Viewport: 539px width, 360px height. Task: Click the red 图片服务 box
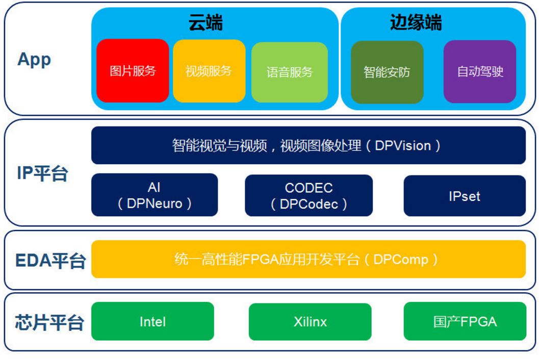pyautogui.click(x=133, y=70)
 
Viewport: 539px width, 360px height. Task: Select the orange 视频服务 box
pyautogui.click(x=209, y=71)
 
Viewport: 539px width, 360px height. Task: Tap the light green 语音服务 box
pyautogui.click(x=290, y=72)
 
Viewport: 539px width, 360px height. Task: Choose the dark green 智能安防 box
pyautogui.click(x=387, y=72)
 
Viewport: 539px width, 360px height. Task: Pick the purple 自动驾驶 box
pyautogui.click(x=480, y=71)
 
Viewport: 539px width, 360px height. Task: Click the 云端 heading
pyautogui.click(x=206, y=23)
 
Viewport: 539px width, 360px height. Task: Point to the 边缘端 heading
pyautogui.click(x=416, y=23)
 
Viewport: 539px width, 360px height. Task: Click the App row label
pyautogui.click(x=34, y=60)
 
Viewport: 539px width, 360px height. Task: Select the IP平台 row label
pyautogui.click(x=42, y=173)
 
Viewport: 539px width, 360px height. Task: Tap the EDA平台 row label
pyautogui.click(x=50, y=260)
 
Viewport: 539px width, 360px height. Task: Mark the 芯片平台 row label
pyautogui.click(x=49, y=323)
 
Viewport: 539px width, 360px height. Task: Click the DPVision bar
pyautogui.click(x=309, y=145)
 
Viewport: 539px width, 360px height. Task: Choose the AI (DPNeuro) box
pyautogui.click(x=155, y=195)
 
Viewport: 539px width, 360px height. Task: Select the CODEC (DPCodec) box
pyautogui.click(x=309, y=196)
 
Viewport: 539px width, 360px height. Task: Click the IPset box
pyautogui.click(x=465, y=196)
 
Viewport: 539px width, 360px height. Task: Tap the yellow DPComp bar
pyautogui.click(x=309, y=259)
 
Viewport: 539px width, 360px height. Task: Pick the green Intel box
pyautogui.click(x=152, y=321)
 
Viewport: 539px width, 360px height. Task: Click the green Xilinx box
pyautogui.click(x=310, y=322)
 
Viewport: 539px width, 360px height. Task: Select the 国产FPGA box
pyautogui.click(x=465, y=321)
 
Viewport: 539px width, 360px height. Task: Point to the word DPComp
pyautogui.click(x=401, y=260)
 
